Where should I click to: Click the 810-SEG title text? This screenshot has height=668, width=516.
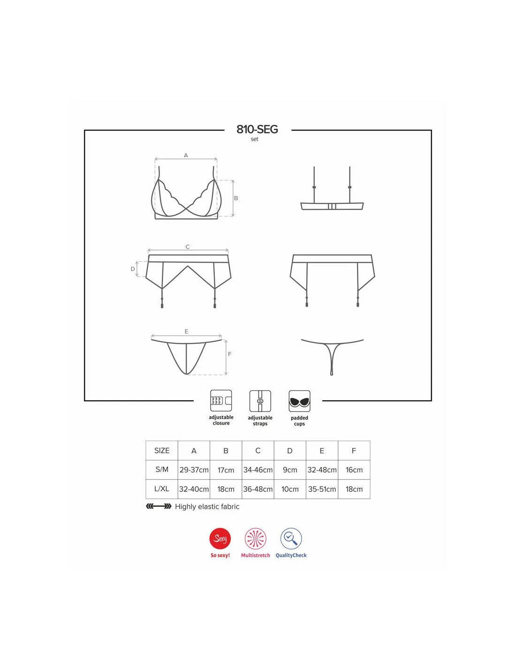tap(257, 129)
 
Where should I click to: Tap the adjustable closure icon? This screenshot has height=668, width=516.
tap(220, 401)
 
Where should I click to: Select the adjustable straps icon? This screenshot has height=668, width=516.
tap(260, 401)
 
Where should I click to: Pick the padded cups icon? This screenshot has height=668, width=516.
tap(299, 401)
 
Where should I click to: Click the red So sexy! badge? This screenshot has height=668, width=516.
tap(220, 538)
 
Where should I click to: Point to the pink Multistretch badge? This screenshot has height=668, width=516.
tap(255, 538)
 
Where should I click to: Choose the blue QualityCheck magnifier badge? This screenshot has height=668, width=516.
tap(291, 538)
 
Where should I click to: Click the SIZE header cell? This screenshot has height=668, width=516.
tap(162, 451)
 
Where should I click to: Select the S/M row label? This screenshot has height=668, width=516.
tap(162, 469)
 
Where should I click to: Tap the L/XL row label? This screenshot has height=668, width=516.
tap(162, 489)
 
